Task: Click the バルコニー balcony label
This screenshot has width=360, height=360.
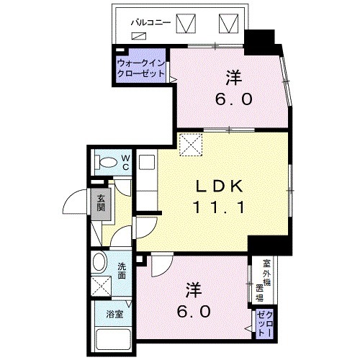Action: pos(150,22)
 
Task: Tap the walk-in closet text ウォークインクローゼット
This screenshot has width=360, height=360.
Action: pos(141,69)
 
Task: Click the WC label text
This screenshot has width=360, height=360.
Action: pos(124,162)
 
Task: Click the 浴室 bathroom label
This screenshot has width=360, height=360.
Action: pos(114,314)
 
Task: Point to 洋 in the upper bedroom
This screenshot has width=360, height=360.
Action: pos(233,75)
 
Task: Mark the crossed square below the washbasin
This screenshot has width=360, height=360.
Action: pos(102,287)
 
